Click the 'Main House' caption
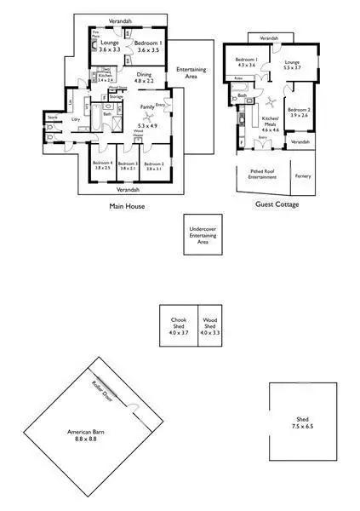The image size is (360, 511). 124,206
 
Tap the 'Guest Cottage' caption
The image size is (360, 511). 276,204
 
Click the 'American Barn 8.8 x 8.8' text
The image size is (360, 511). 85,435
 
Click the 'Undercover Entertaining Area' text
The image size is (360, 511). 203,236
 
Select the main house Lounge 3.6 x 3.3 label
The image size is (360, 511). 110,49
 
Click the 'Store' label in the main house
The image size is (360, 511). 52,118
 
